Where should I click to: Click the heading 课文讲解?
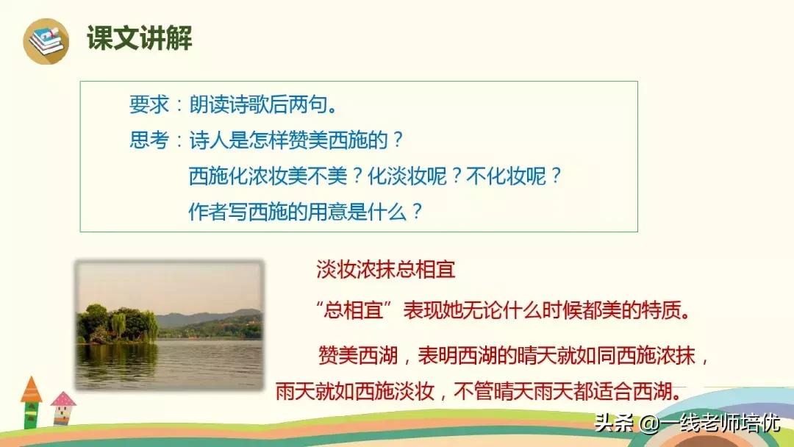click(139, 39)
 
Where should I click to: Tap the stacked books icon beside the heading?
click(46, 40)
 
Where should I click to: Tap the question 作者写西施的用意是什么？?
click(306, 212)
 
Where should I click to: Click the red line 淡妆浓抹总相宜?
click(386, 269)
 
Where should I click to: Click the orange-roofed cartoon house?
click(31, 401)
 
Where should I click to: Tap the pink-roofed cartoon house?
click(63, 408)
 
